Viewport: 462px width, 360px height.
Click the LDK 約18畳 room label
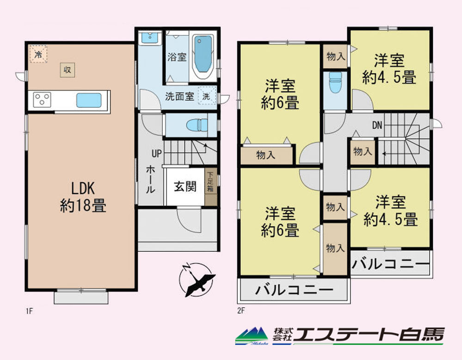(83, 197)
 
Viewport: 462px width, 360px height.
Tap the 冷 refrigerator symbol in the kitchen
(38, 54)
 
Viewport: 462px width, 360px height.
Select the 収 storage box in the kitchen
(68, 70)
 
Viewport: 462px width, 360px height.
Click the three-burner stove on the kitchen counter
(42, 99)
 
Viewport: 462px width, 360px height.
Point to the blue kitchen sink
(89, 100)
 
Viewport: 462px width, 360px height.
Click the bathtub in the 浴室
(203, 56)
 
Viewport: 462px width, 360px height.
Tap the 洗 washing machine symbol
(207, 96)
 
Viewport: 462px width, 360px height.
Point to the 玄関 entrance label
(185, 186)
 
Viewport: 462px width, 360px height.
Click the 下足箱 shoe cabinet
(211, 186)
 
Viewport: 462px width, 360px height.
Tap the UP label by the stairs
(157, 153)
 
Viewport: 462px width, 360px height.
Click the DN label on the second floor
(377, 125)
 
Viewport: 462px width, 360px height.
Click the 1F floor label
(29, 311)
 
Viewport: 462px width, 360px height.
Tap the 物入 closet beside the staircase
(363, 152)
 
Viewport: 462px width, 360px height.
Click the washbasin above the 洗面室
(150, 38)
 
